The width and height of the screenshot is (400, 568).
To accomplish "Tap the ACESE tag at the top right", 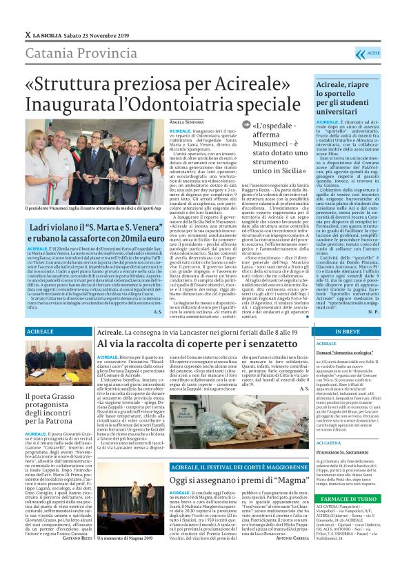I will (372, 52).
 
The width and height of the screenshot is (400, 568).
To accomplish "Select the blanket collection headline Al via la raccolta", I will (190, 344).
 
